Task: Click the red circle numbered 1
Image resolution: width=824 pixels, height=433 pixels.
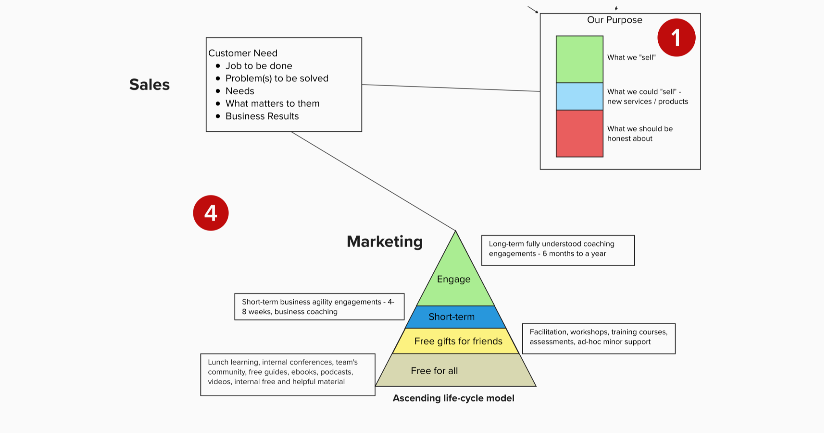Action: point(676,37)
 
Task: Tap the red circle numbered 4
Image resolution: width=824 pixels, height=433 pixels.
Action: point(211,213)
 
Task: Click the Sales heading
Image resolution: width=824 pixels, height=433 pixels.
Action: point(149,85)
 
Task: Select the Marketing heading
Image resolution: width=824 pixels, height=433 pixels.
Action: point(385,242)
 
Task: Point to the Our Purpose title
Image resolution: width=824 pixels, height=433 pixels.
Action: point(614,20)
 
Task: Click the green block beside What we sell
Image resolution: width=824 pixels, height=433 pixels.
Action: point(579,59)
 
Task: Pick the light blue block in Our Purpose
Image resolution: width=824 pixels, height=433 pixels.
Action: point(579,97)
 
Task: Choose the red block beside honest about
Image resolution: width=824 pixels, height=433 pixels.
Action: point(579,133)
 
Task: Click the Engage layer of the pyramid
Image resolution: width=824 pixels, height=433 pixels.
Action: point(454,279)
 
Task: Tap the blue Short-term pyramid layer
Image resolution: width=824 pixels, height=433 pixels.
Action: point(452,317)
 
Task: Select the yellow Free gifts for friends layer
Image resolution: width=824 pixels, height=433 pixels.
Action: point(458,341)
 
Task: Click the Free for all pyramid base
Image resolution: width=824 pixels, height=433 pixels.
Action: point(435,371)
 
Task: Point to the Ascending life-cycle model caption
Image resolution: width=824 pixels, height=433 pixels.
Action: point(453,398)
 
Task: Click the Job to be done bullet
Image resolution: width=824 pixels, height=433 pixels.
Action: point(259,66)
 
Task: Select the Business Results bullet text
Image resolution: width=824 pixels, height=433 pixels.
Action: point(262,116)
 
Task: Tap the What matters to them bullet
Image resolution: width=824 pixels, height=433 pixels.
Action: point(272,104)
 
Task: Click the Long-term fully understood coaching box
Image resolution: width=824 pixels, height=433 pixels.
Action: point(558,250)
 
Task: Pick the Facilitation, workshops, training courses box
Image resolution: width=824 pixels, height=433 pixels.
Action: point(599,338)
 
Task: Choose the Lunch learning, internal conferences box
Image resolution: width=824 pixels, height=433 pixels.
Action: point(288,374)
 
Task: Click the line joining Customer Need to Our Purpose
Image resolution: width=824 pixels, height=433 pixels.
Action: point(451,88)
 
